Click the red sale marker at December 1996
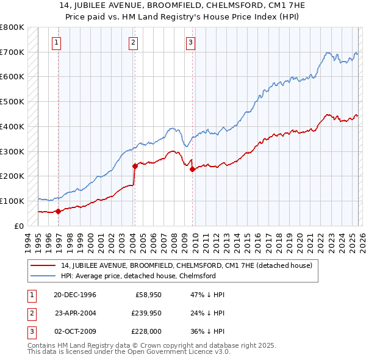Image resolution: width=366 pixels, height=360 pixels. point(59,211)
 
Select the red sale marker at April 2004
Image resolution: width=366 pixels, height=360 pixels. point(135,165)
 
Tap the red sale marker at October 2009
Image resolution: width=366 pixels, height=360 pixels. point(192,169)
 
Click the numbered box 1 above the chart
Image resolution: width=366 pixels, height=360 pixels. point(57,42)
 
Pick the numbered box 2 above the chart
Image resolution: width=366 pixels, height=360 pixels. point(133,42)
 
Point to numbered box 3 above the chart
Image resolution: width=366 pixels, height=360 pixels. point(190,42)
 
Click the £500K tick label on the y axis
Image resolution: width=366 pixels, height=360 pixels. point(12,102)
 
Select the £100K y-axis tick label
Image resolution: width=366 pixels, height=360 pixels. point(12,201)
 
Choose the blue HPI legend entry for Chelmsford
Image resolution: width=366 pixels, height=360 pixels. point(138,276)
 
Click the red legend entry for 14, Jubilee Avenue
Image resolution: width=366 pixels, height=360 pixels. point(186,265)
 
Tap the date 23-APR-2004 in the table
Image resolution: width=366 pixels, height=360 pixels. point(75,314)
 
